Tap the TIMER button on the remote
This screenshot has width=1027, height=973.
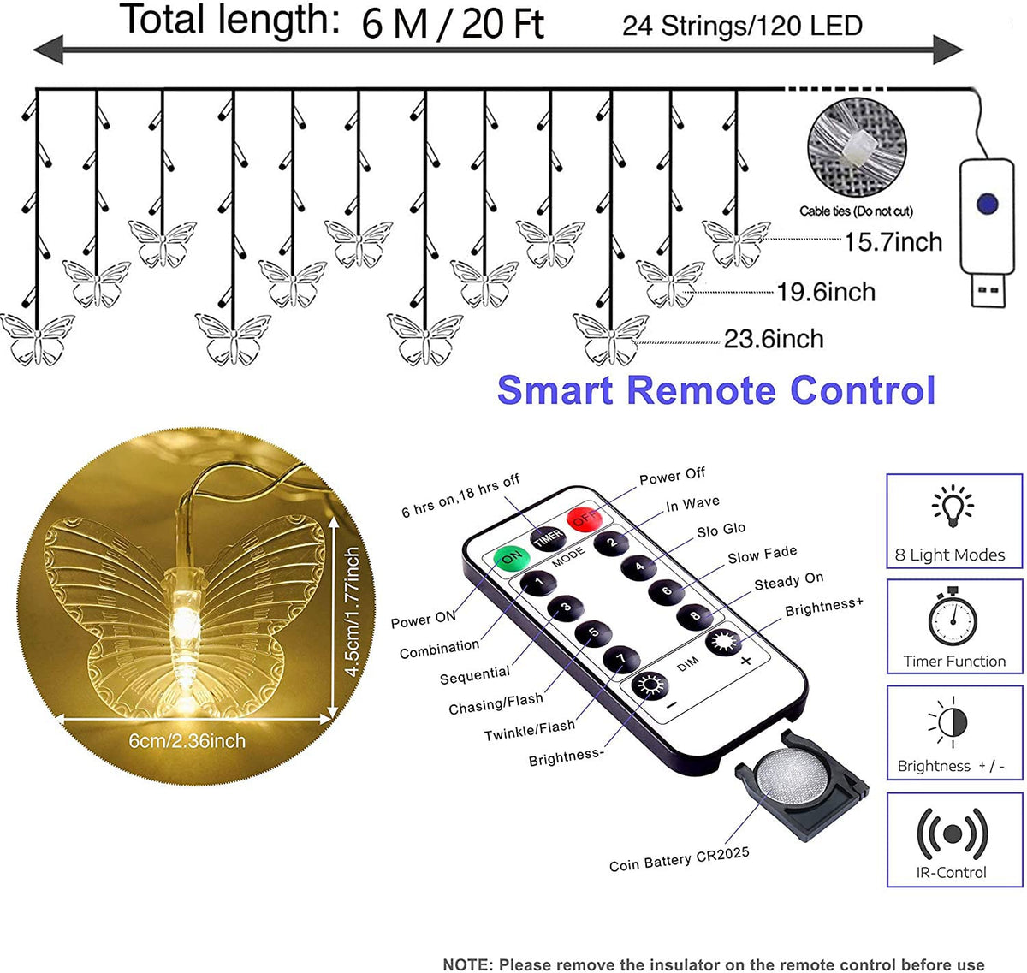tap(548, 537)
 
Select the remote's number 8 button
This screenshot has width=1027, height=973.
tap(695, 615)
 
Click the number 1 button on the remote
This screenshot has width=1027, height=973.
tap(539, 584)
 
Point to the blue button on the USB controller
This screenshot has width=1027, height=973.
tap(986, 205)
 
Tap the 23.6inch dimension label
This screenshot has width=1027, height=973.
tap(774, 339)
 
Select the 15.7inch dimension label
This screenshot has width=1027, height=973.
tap(893, 242)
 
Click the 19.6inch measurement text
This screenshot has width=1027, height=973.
tap(826, 292)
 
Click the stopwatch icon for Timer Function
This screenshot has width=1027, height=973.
tap(953, 617)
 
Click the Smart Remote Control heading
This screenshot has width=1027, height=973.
tap(715, 389)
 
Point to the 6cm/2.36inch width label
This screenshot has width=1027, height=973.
tap(187, 740)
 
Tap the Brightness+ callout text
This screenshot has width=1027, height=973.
tap(823, 606)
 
